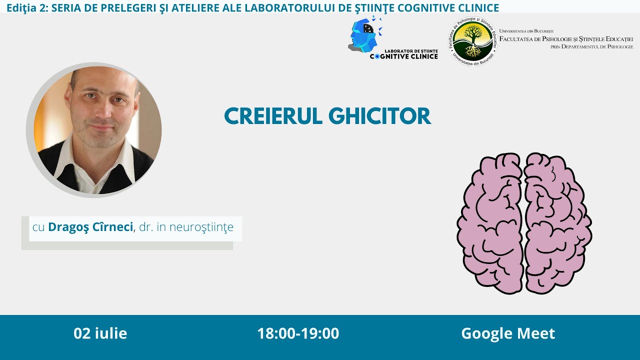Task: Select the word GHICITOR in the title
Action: click(x=379, y=116)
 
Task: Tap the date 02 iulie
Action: click(x=100, y=333)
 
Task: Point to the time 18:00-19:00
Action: click(x=298, y=333)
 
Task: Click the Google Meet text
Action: click(x=508, y=333)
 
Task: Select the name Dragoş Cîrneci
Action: click(x=90, y=227)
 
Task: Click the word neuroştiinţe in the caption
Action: click(x=201, y=227)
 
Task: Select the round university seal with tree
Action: click(x=472, y=40)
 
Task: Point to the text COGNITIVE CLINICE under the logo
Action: click(x=404, y=56)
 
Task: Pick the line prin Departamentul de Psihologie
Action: click(x=591, y=46)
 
